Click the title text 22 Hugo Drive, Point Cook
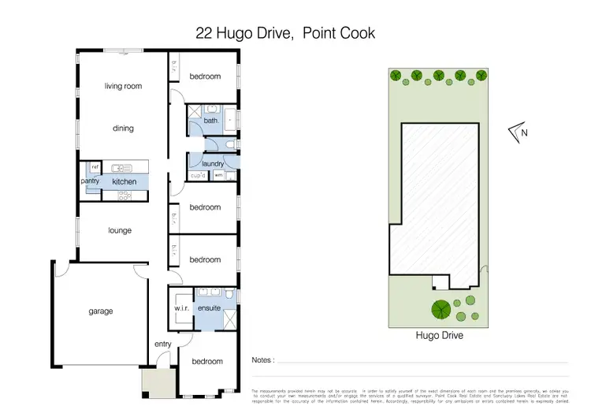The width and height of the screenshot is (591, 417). click(x=284, y=33)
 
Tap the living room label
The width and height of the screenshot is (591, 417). click(x=123, y=86)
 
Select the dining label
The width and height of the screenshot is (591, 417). click(x=123, y=128)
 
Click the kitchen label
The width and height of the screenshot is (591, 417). click(x=125, y=182)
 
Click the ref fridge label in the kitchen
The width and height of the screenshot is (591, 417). click(x=95, y=167)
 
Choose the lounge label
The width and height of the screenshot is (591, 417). click(x=120, y=231)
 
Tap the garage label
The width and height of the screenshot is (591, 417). click(x=100, y=311)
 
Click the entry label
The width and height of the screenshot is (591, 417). click(x=162, y=344)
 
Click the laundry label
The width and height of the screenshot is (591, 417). click(x=213, y=164)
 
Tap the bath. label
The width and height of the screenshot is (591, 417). click(x=210, y=121)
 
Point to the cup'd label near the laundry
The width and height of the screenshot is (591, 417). click(x=198, y=175)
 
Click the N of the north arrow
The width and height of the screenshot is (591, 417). click(x=524, y=132)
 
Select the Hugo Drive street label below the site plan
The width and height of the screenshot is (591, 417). click(x=439, y=335)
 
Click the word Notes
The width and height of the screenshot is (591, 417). click(x=262, y=360)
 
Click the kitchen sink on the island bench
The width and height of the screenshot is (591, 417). click(x=121, y=167)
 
